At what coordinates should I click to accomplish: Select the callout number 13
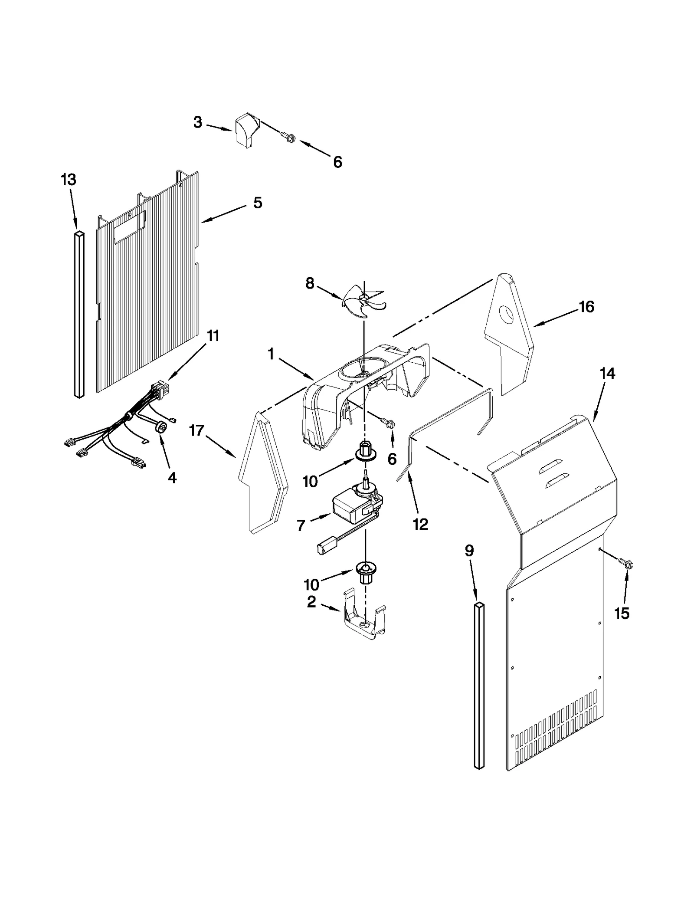pyautogui.click(x=69, y=179)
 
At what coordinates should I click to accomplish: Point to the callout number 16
pyautogui.click(x=586, y=307)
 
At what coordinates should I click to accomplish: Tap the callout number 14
pyautogui.click(x=607, y=373)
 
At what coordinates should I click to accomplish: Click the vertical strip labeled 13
pyautogui.click(x=79, y=315)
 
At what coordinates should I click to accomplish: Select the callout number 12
pyautogui.click(x=420, y=524)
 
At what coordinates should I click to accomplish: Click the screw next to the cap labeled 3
pyautogui.click(x=287, y=138)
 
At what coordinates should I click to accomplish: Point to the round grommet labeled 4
pyautogui.click(x=162, y=428)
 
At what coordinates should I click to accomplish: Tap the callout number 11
pyautogui.click(x=213, y=335)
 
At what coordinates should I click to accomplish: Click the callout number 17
pyautogui.click(x=196, y=431)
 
